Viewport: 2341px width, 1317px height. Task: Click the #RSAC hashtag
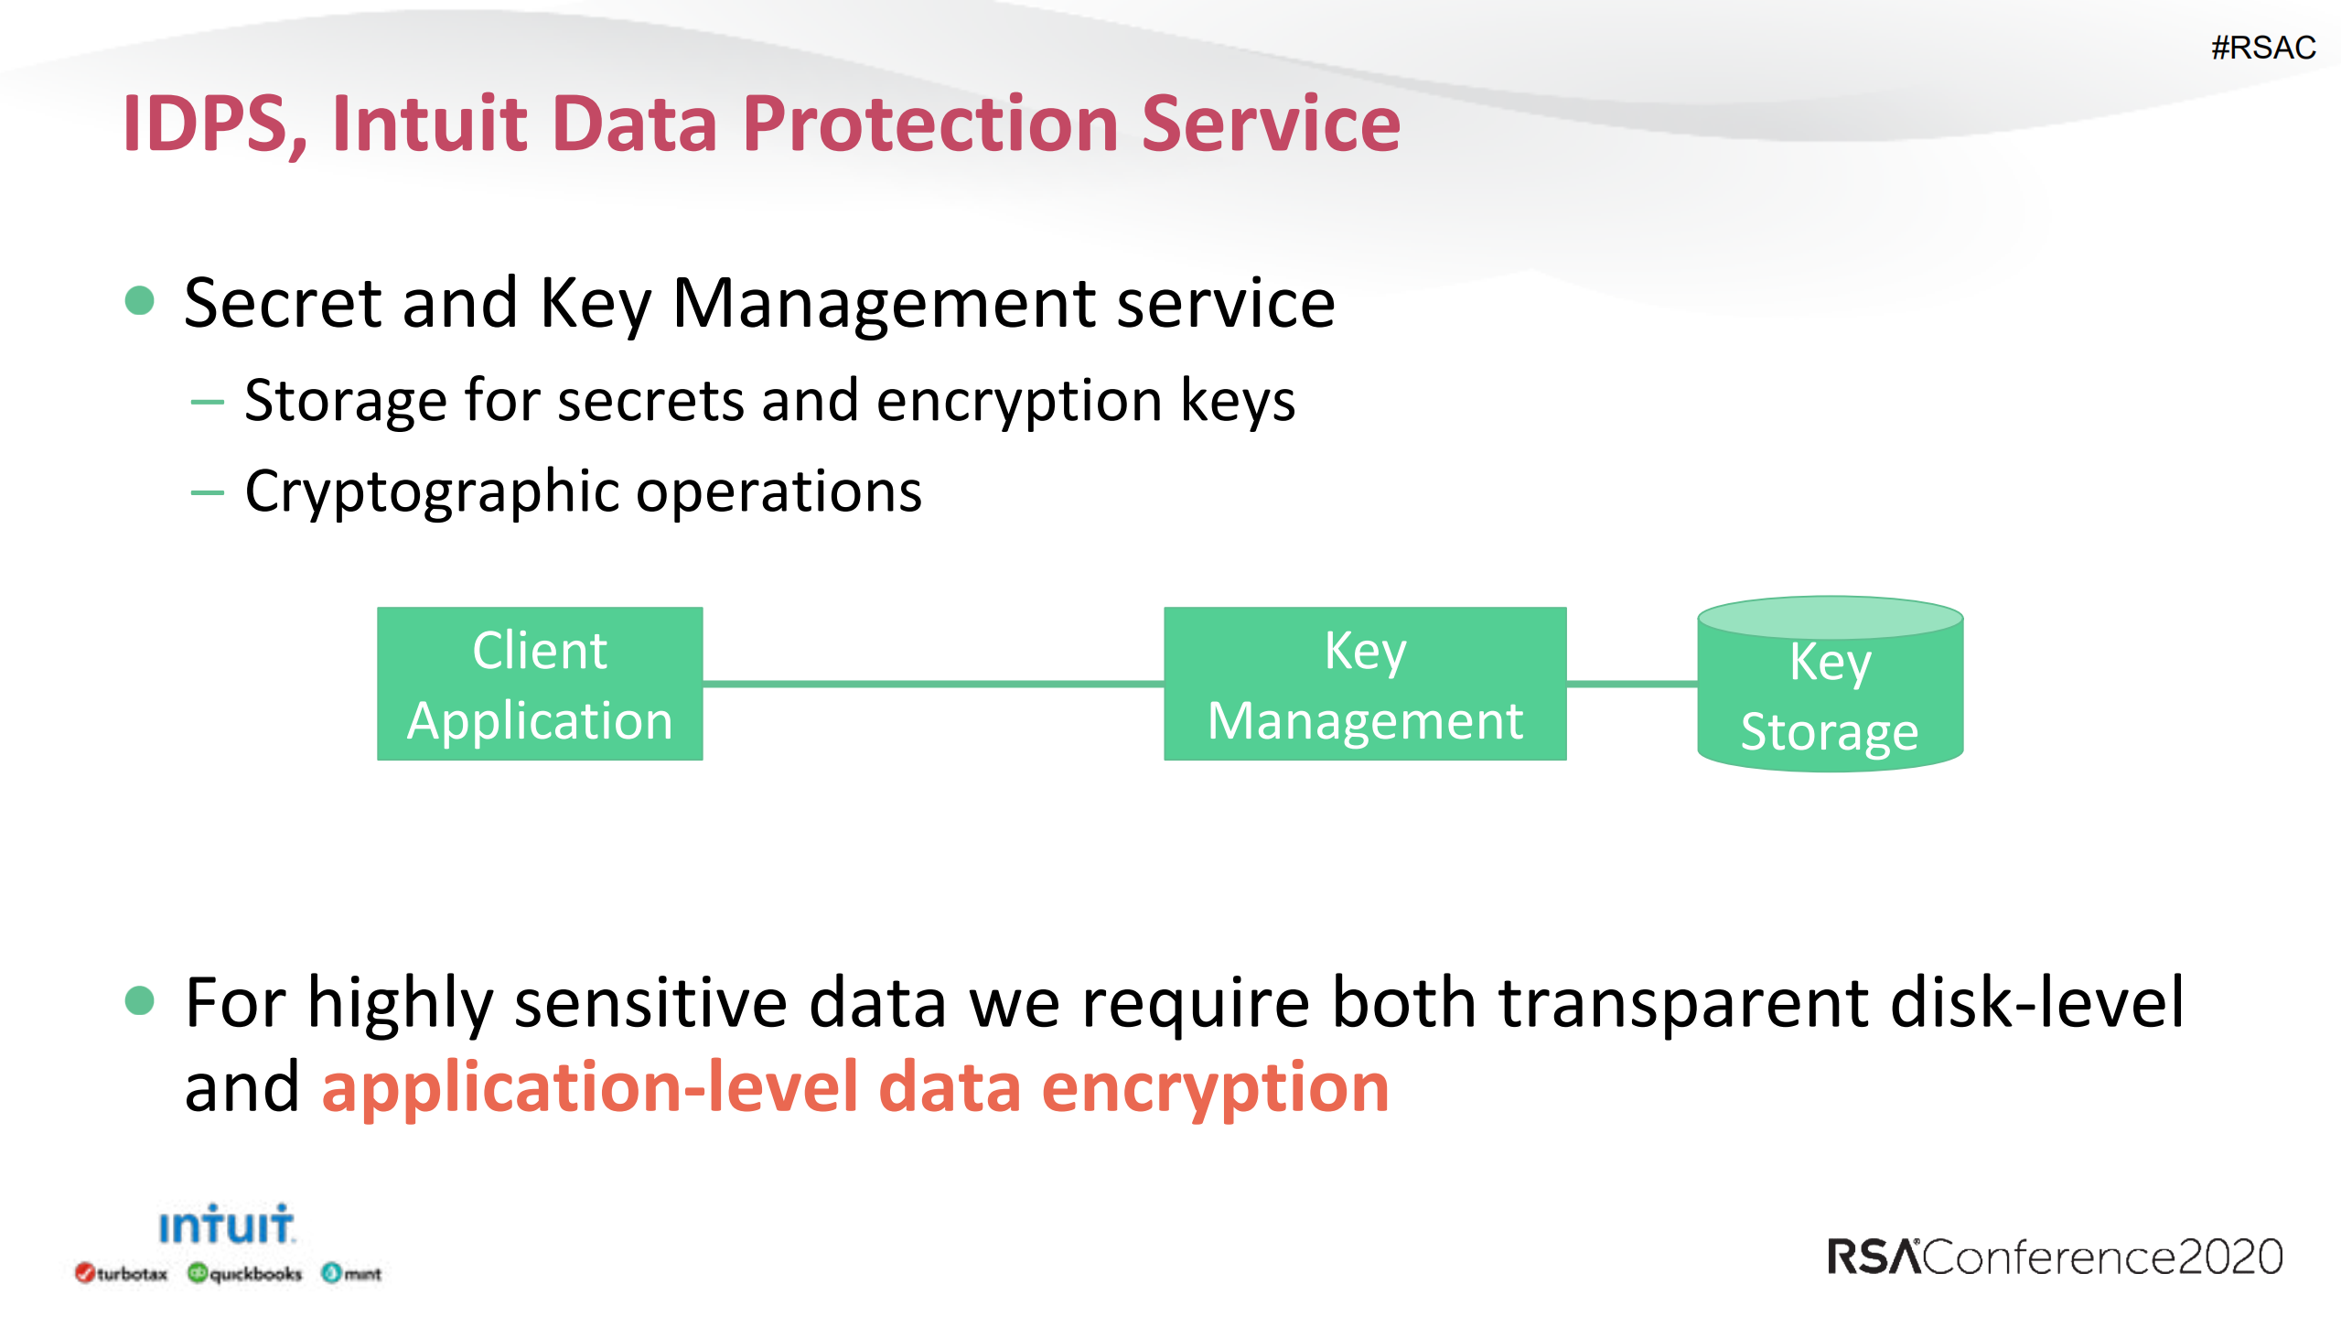[2262, 47]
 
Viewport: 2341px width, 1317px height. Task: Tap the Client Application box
[540, 684]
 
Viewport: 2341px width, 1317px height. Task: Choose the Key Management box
[1365, 684]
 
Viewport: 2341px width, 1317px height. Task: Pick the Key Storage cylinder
[1831, 685]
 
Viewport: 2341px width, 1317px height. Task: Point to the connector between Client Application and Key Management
[933, 684]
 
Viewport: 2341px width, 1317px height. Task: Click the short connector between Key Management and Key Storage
[1632, 684]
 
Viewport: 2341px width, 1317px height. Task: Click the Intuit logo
[226, 1225]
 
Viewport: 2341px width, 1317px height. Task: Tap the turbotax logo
[122, 1273]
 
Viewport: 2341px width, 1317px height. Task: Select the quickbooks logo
[244, 1273]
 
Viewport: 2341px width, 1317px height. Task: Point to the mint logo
[351, 1273]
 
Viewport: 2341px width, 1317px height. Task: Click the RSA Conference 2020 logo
[2055, 1257]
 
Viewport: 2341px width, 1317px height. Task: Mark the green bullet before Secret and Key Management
[139, 300]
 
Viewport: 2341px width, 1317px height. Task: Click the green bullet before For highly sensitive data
[139, 1000]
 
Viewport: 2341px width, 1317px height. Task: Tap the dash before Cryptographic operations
[208, 492]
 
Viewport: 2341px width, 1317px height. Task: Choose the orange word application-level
[589, 1089]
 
